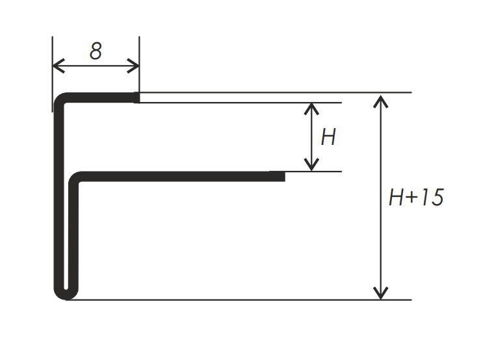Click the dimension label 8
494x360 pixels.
coord(96,51)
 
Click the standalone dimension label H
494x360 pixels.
coord(328,137)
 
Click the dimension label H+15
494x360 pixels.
coord(416,197)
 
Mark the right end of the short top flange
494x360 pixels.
coord(138,97)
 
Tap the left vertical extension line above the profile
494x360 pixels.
coord(52,74)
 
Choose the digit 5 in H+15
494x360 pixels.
coord(437,198)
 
